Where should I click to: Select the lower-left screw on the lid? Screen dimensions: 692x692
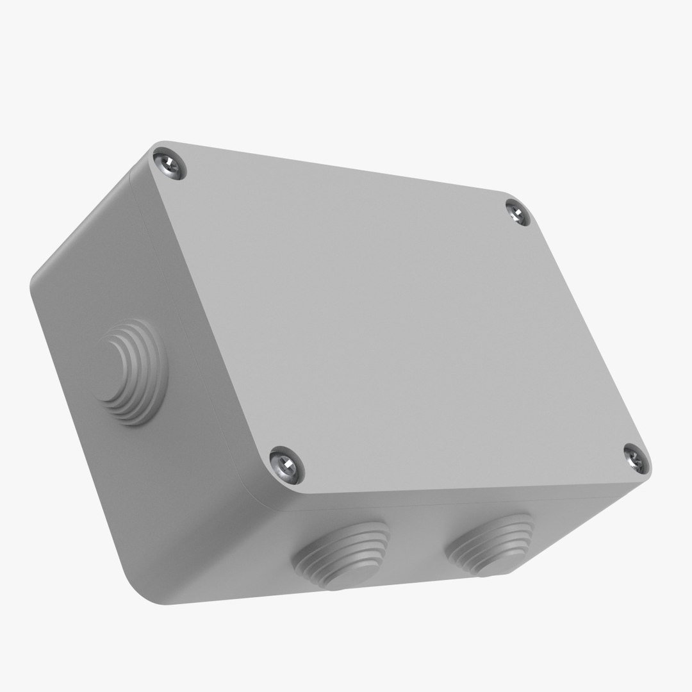click(x=286, y=463)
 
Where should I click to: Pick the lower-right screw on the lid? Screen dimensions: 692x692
click(x=636, y=458)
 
